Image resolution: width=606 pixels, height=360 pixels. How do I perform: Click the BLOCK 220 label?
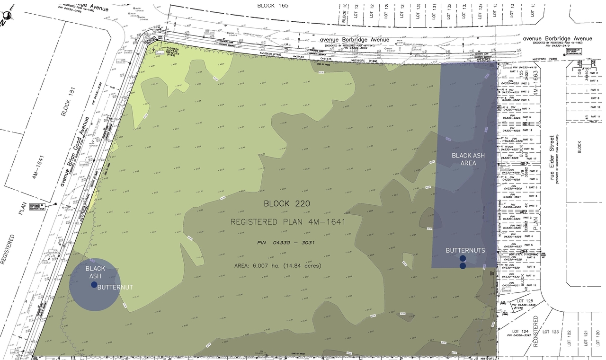tap(287, 204)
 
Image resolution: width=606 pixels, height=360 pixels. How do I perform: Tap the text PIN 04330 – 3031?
tap(286, 243)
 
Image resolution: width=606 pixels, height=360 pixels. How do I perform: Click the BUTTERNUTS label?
tap(465, 250)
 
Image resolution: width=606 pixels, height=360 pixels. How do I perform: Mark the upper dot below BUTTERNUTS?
tap(463, 258)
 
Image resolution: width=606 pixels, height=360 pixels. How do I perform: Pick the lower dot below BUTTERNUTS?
tap(463, 266)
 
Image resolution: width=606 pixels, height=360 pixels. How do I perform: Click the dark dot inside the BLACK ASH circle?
tap(94, 285)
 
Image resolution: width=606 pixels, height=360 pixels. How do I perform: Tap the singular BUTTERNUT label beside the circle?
tap(115, 287)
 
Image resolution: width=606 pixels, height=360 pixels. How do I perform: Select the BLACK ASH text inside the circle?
tap(95, 272)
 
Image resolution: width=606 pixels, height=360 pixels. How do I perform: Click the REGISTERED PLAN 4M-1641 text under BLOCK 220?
tap(287, 222)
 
